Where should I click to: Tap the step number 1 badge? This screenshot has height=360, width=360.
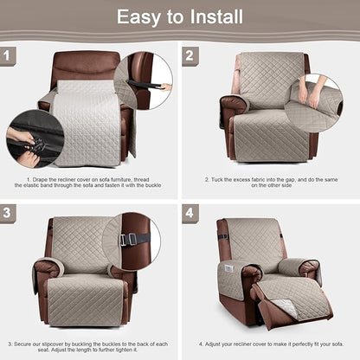pyautogui.click(x=10, y=57)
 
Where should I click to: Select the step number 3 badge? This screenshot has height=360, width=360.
pyautogui.click(x=10, y=212)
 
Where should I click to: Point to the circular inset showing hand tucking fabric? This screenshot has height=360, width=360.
pyautogui.click(x=320, y=101)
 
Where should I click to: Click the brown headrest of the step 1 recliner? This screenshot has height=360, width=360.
pyautogui.click(x=84, y=66)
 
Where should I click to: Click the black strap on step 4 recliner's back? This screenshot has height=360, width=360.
pyautogui.click(x=223, y=236)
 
